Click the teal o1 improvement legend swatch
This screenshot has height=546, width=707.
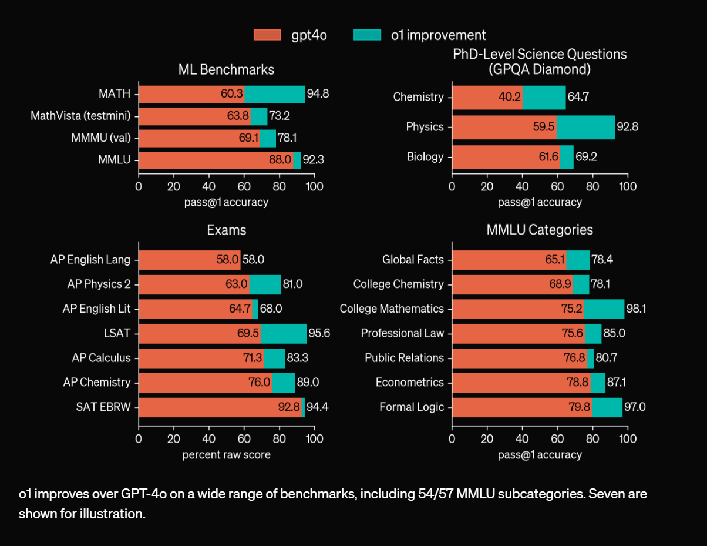[367, 35]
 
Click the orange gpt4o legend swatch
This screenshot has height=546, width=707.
[268, 35]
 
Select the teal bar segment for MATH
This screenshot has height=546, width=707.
[274, 94]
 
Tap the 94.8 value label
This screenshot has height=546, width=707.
[318, 94]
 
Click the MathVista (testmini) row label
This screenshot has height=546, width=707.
[80, 116]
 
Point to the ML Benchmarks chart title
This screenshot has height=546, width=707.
[226, 69]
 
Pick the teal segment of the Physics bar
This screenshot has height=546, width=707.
[585, 127]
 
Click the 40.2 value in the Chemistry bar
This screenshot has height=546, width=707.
[509, 97]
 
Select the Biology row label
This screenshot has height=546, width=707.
[425, 157]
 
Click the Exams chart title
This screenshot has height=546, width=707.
[226, 230]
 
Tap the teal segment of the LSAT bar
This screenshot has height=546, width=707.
[284, 333]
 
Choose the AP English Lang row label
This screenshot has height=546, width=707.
[90, 260]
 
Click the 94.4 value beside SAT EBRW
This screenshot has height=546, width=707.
[317, 407]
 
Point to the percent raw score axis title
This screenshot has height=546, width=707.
[226, 454]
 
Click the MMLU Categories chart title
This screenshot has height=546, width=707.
[540, 230]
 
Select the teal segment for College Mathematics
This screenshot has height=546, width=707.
[604, 309]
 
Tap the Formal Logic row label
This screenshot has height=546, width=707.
[412, 407]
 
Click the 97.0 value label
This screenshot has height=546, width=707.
[635, 407]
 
